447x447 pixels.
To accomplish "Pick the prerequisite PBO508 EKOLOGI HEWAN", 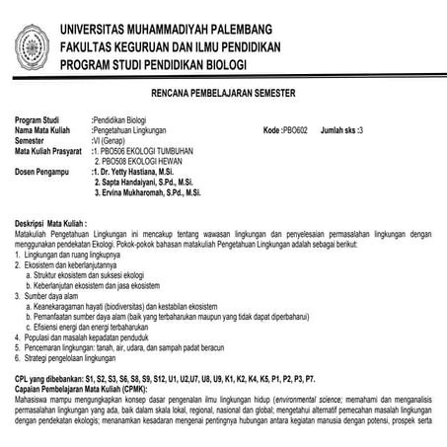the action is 134,161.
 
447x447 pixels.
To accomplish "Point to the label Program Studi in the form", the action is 38,119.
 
